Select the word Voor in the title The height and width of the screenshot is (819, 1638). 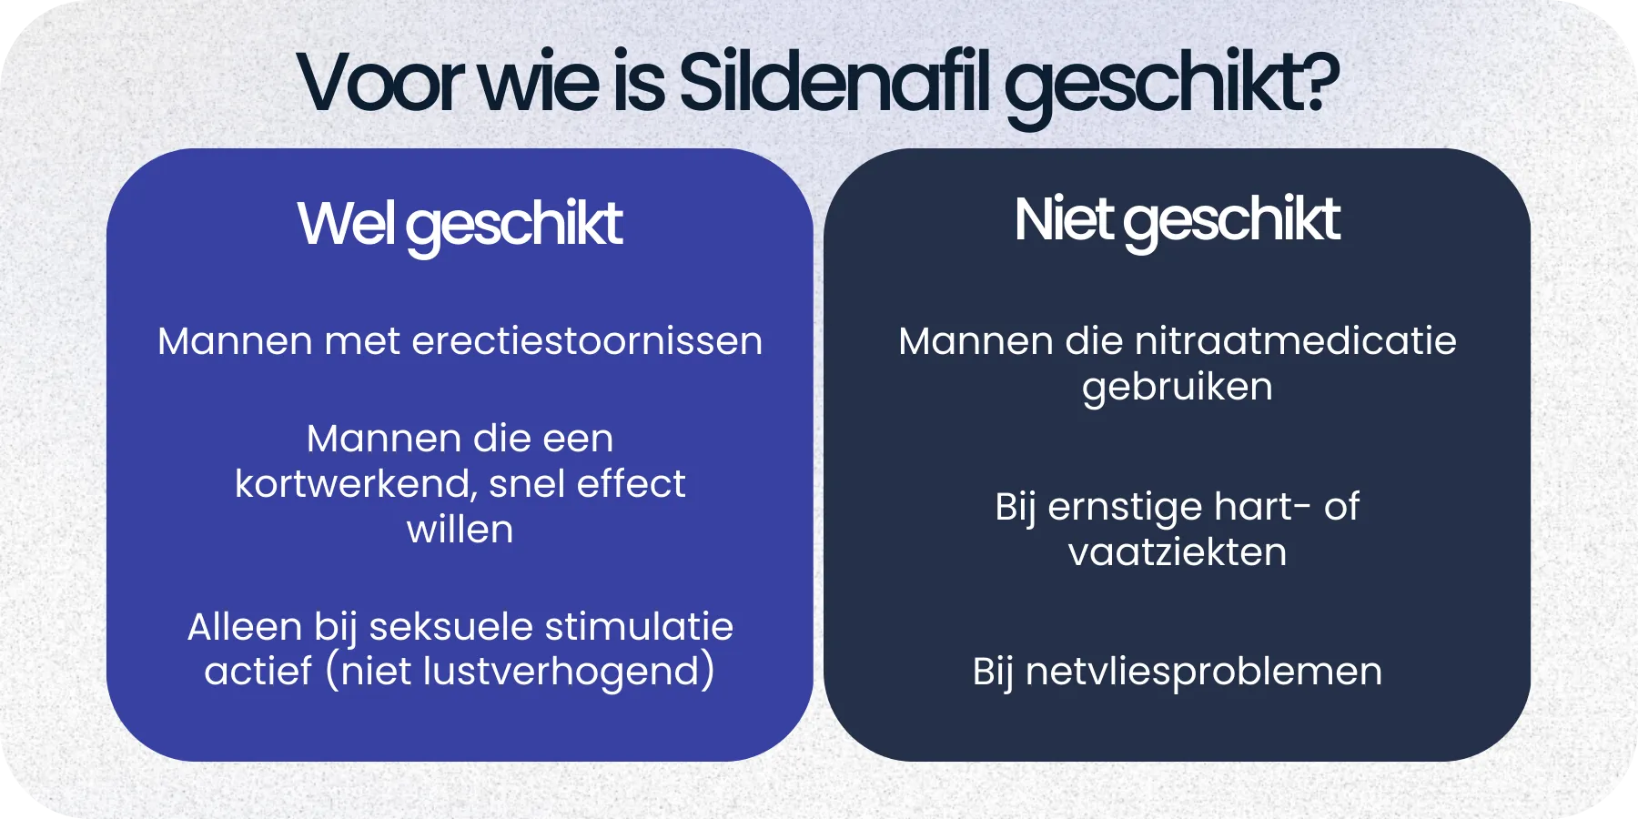[381, 84]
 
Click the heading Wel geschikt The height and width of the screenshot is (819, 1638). [460, 224]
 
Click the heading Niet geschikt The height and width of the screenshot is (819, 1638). [1177, 220]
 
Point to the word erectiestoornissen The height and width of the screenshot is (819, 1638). [587, 342]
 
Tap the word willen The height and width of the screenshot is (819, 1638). [460, 530]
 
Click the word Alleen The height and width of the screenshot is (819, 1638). [245, 627]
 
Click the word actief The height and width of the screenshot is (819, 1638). [258, 672]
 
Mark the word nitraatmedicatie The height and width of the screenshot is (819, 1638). [1296, 342]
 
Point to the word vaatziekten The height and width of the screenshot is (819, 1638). [1177, 552]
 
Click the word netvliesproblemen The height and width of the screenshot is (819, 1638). [1204, 672]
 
